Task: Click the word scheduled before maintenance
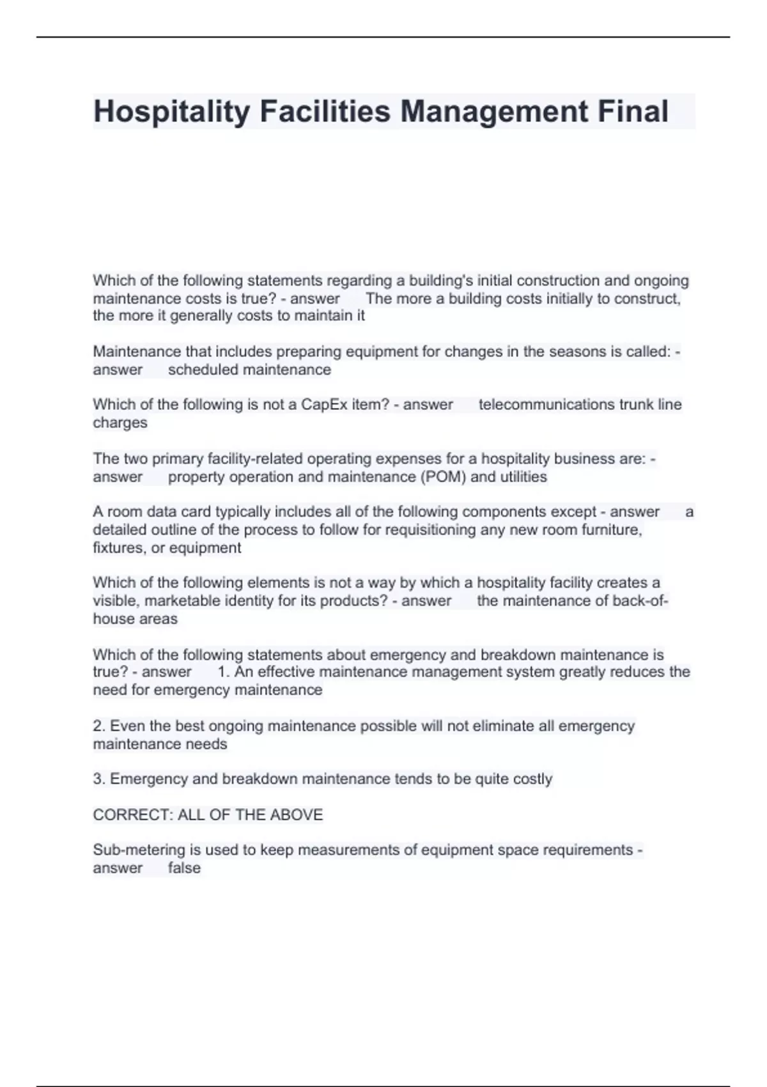(x=203, y=370)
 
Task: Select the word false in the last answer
(x=184, y=868)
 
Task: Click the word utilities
(x=523, y=477)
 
